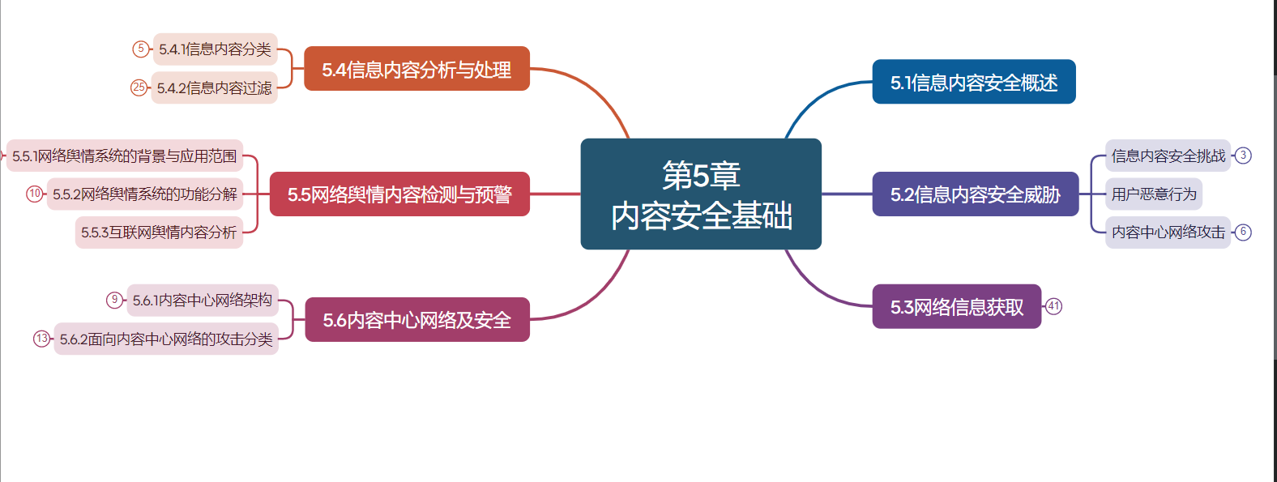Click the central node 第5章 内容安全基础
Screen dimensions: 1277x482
[701, 194]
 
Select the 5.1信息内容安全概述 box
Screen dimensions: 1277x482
[973, 82]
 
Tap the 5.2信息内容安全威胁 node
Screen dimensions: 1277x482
[975, 194]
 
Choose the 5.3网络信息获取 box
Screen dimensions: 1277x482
[956, 306]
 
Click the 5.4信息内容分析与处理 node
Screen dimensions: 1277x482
[416, 69]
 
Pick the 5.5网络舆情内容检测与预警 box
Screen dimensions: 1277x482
[399, 194]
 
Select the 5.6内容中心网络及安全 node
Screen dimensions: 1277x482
[416, 320]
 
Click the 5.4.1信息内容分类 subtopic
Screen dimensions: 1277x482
[215, 49]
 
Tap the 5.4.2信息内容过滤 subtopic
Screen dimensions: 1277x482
[214, 87]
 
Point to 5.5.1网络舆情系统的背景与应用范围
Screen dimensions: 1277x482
[125, 156]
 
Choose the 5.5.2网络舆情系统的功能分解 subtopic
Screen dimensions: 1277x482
[144, 194]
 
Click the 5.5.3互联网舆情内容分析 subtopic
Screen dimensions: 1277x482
[159, 232]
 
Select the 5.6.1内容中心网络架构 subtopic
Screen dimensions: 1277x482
[202, 301]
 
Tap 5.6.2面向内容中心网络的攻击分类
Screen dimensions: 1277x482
[166, 339]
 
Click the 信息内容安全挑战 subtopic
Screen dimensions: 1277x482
[1168, 156]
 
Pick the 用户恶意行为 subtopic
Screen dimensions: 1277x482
[1154, 194]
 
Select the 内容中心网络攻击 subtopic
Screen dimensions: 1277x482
[1168, 232]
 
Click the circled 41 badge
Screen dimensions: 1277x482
[1053, 306]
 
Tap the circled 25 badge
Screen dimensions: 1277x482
[139, 87]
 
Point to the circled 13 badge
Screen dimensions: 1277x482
[42, 339]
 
